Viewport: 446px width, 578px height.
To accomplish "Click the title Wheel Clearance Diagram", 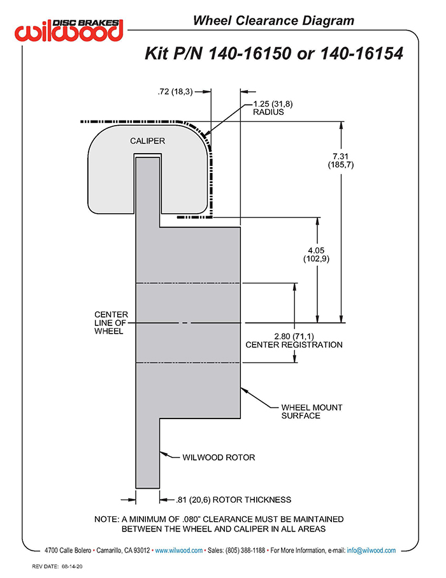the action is [273, 20].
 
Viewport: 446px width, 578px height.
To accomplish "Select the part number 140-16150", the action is [250, 54].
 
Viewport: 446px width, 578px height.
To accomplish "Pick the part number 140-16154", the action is [362, 54].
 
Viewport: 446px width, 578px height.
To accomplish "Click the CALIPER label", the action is [147, 141].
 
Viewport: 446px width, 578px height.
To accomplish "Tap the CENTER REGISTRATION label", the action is [294, 345].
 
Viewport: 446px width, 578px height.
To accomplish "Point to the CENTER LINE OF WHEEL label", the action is [111, 323].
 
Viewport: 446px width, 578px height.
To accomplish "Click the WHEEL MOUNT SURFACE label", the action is [312, 411].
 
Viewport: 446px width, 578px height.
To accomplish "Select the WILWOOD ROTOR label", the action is [219, 457].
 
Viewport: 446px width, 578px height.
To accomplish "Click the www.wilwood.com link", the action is [178, 551].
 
